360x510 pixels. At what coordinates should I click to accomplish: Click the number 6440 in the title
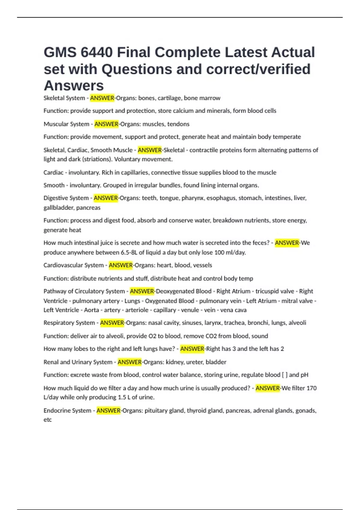pyautogui.click(x=97, y=52)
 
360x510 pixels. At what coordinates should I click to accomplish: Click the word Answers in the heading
pyautogui.click(x=74, y=86)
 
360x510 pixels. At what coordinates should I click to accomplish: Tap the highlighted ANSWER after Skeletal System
pyautogui.click(x=102, y=98)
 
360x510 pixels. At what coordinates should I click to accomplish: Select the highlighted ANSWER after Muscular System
pyautogui.click(x=106, y=124)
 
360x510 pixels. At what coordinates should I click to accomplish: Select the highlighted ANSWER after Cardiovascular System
pyautogui.click(x=121, y=265)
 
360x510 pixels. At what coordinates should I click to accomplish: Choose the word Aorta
pyautogui.click(x=91, y=310)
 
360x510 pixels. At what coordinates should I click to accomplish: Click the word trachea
pyautogui.click(x=235, y=323)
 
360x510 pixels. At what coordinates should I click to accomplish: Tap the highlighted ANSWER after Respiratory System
pyautogui.click(x=112, y=323)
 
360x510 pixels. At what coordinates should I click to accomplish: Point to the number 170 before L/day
pyautogui.click(x=311, y=388)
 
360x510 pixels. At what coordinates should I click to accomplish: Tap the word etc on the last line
pyautogui.click(x=48, y=420)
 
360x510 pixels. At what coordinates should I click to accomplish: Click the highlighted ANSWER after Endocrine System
pyautogui.click(x=108, y=410)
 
